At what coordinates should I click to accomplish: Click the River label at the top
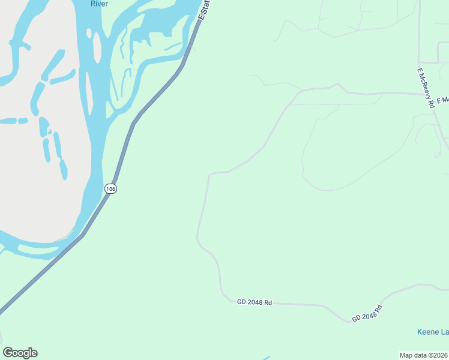[99, 4]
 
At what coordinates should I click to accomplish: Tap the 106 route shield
[110, 188]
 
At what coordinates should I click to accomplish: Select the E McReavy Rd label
[426, 88]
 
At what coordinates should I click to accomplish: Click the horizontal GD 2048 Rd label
[255, 302]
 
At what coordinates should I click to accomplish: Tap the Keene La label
[432, 332]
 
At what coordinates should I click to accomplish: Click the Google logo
[20, 353]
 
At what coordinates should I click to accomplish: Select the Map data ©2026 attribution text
[423, 355]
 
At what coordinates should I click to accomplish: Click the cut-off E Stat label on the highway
[205, 9]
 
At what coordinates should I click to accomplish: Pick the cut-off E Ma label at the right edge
[442, 100]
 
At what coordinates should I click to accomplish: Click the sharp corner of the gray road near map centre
[209, 174]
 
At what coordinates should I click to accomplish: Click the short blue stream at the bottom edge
[265, 358]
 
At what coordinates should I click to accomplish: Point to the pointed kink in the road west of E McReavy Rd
[339, 85]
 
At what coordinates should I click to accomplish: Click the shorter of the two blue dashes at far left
[23, 121]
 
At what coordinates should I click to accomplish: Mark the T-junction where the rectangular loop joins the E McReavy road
[420, 62]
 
